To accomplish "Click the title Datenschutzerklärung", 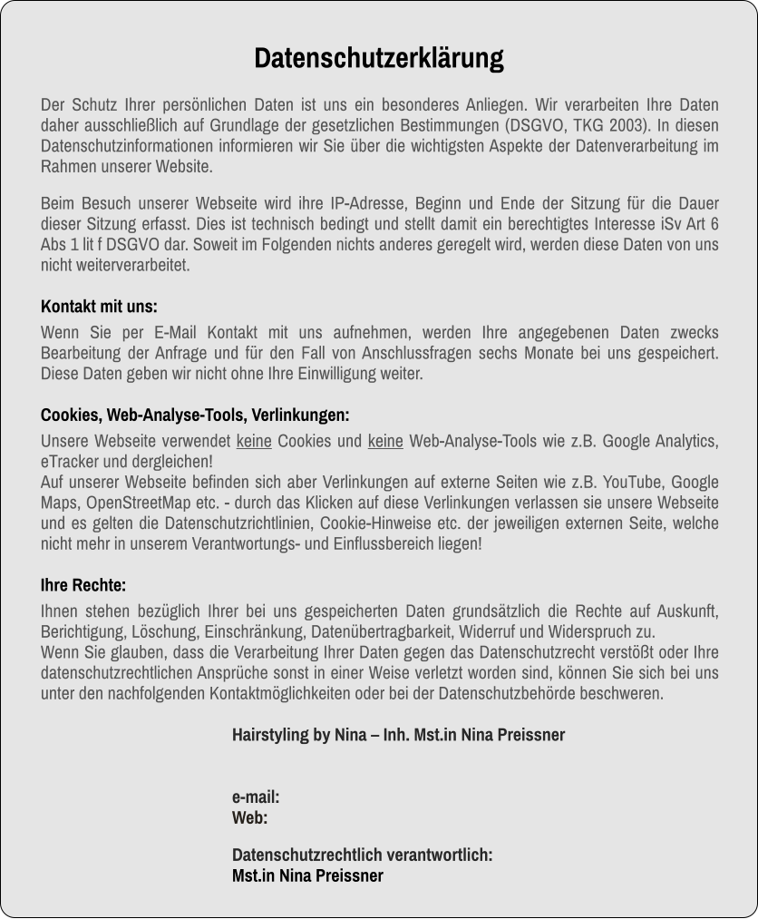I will tap(378, 58).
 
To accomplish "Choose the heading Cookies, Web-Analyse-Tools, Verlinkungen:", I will tap(195, 416).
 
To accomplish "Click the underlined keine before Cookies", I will tap(254, 442).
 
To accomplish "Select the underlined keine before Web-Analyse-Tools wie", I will tap(385, 442).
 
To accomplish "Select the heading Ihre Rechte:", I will tap(83, 585).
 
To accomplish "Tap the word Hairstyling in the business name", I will tap(269, 734).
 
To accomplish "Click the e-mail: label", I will tap(255, 797).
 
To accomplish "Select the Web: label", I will tap(249, 817).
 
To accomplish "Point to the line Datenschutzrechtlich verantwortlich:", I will tap(362, 855).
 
